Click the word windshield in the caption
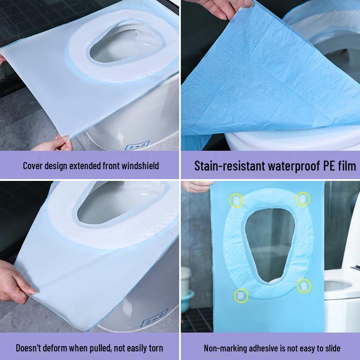[x=140, y=166]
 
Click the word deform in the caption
[x=56, y=348]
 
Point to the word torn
[x=156, y=348]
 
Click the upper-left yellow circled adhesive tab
[x=236, y=200]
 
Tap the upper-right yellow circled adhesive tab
[x=303, y=199]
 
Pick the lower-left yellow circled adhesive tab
[x=241, y=296]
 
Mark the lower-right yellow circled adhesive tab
[x=304, y=286]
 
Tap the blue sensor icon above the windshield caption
[x=137, y=146]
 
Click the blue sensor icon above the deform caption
[x=154, y=318]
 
